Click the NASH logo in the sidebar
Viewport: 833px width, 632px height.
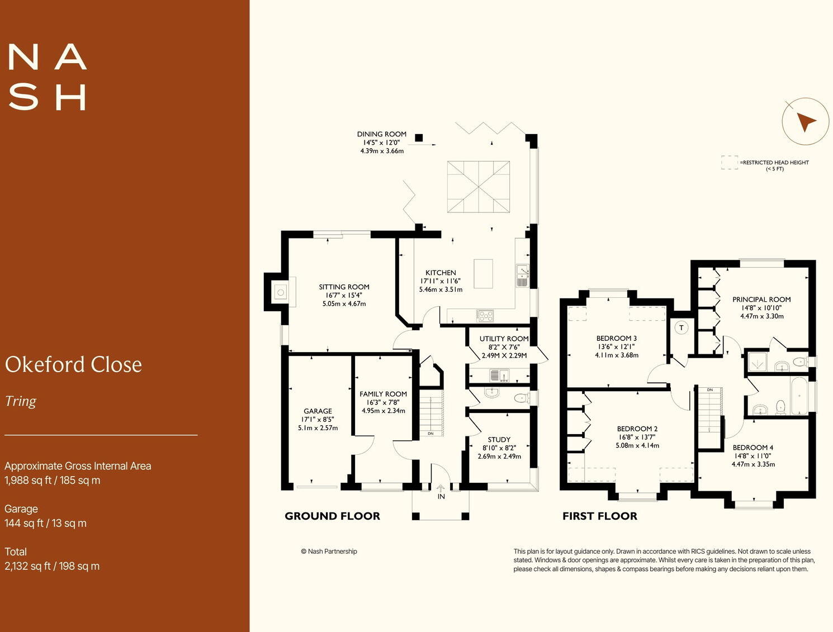pos(48,77)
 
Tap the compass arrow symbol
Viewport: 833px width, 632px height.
pos(805,121)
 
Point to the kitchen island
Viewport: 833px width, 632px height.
pos(483,273)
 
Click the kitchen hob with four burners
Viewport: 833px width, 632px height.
pos(485,316)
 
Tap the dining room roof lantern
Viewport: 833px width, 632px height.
pos(478,187)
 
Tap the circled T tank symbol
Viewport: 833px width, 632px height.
pos(681,328)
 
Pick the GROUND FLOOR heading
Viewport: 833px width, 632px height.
pos(332,516)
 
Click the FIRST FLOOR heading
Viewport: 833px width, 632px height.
pos(599,516)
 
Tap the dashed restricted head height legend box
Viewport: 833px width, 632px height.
pos(729,162)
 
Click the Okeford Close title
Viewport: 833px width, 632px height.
pos(73,364)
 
